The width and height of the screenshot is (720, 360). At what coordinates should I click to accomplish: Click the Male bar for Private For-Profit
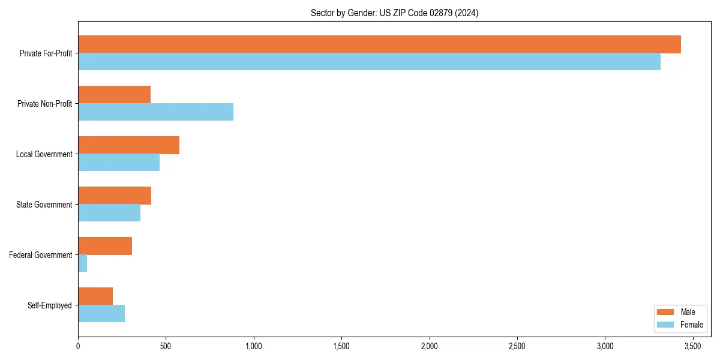pyautogui.click(x=379, y=44)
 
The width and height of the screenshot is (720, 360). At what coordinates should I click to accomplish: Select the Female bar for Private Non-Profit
pyautogui.click(x=155, y=112)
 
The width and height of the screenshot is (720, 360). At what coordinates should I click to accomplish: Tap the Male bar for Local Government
pyautogui.click(x=128, y=145)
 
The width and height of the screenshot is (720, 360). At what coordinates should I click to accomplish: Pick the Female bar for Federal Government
pyautogui.click(x=83, y=263)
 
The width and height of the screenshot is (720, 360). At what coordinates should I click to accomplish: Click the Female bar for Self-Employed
pyautogui.click(x=101, y=314)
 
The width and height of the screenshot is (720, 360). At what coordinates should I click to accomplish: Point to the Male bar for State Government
pyautogui.click(x=115, y=196)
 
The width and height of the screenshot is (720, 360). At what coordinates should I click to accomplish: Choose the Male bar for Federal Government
pyautogui.click(x=105, y=246)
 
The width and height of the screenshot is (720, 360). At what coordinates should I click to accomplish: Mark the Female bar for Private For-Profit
pyautogui.click(x=369, y=62)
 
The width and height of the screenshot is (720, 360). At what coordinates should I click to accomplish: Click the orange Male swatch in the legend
pyautogui.click(x=666, y=312)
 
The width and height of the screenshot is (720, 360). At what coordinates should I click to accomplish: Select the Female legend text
pyautogui.click(x=692, y=325)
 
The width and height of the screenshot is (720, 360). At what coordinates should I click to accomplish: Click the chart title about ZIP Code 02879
pyautogui.click(x=394, y=13)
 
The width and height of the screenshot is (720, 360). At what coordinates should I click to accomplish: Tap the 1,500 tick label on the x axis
pyautogui.click(x=341, y=346)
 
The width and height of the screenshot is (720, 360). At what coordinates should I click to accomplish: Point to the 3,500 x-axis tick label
pyautogui.click(x=693, y=346)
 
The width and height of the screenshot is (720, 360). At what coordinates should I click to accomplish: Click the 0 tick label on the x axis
pyautogui.click(x=78, y=346)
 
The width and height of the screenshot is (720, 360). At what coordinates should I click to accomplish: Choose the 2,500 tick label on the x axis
pyautogui.click(x=517, y=346)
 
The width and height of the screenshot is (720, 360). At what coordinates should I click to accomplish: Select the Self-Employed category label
pyautogui.click(x=50, y=305)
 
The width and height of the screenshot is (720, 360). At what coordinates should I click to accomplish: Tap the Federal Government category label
pyautogui.click(x=41, y=255)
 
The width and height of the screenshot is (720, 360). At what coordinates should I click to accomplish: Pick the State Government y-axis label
pyautogui.click(x=44, y=205)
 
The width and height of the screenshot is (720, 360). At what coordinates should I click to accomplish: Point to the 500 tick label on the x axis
pyautogui.click(x=166, y=346)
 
